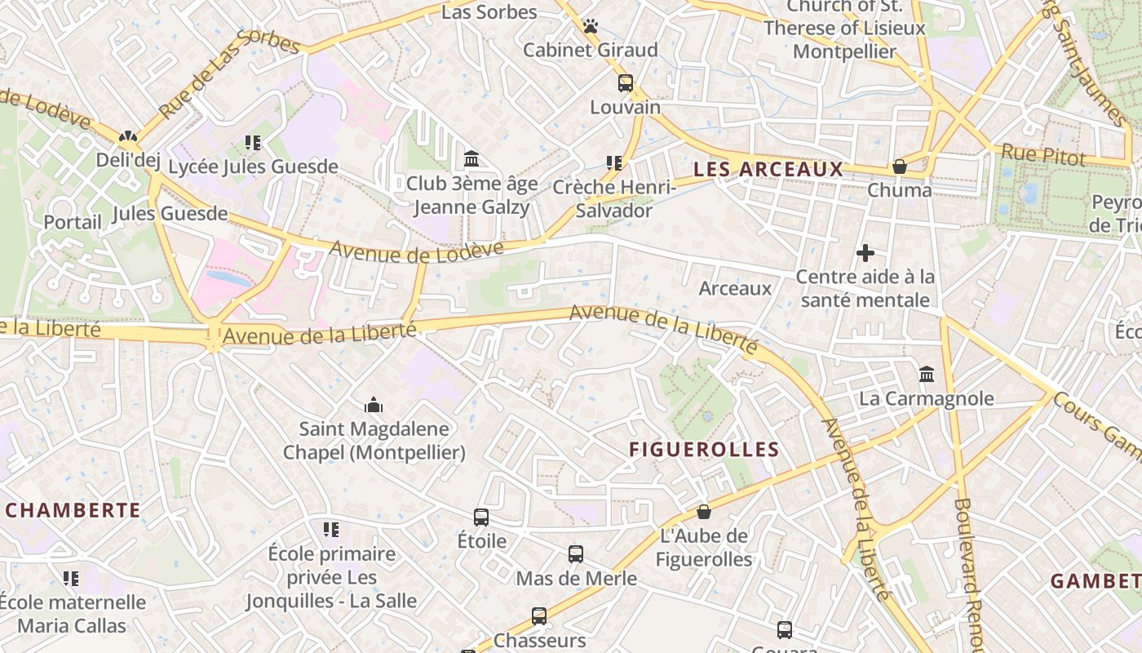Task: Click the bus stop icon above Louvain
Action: (x=626, y=82)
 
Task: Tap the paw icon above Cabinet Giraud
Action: (x=591, y=26)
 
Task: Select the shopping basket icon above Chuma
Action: (x=900, y=167)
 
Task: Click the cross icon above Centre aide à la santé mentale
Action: (x=865, y=253)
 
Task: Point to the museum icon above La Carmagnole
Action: (x=927, y=375)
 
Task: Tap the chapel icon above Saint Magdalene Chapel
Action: (x=374, y=405)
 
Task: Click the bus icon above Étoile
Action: (x=481, y=517)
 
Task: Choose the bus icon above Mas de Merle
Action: (x=576, y=554)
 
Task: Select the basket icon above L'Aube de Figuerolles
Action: (x=703, y=512)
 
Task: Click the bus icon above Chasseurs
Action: (x=539, y=616)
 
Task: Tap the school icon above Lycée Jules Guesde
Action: (x=253, y=143)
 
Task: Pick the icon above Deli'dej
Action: (x=128, y=136)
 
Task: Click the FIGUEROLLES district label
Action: (x=704, y=449)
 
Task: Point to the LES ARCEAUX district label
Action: (x=768, y=169)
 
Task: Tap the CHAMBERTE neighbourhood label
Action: (x=73, y=510)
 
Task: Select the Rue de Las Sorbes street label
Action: (x=228, y=74)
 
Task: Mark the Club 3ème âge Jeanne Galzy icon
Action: (x=471, y=158)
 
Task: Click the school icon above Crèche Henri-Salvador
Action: (x=614, y=162)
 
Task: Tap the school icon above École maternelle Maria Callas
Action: (x=71, y=579)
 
